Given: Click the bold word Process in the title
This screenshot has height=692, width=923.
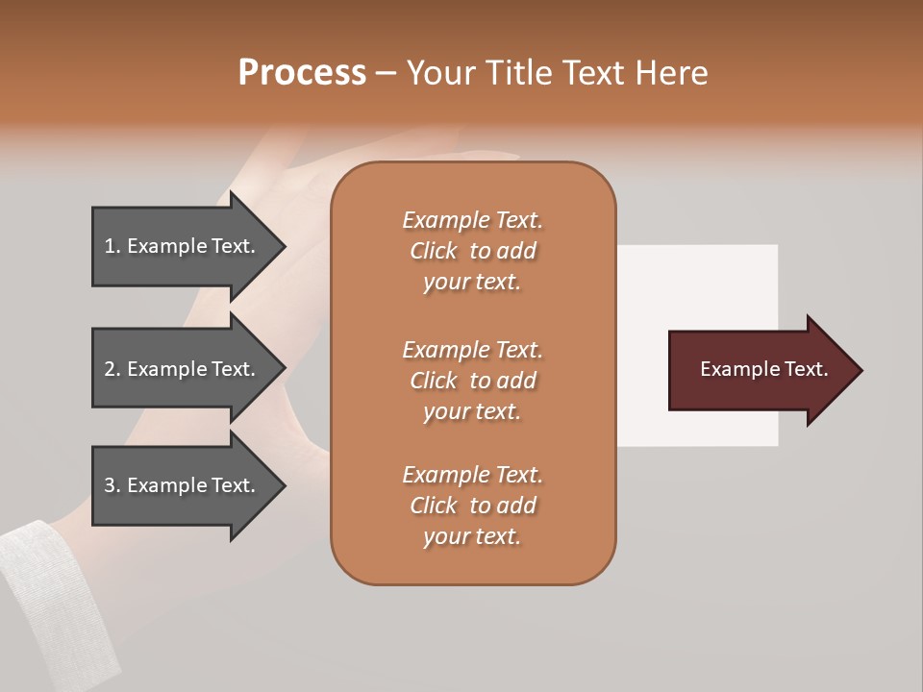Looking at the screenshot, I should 302,73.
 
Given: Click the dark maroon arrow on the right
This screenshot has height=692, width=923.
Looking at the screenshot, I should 760,370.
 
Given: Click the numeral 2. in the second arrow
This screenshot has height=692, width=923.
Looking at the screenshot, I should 112,369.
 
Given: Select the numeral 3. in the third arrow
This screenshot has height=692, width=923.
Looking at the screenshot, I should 112,485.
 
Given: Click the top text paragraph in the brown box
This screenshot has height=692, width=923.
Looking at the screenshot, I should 472,251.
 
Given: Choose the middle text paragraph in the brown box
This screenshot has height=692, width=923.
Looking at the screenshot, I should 472,381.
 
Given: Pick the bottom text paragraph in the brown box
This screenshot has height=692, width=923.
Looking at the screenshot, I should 472,506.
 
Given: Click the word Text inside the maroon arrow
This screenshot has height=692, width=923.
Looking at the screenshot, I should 807,369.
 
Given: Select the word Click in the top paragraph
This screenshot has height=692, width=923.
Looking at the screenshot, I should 434,251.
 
